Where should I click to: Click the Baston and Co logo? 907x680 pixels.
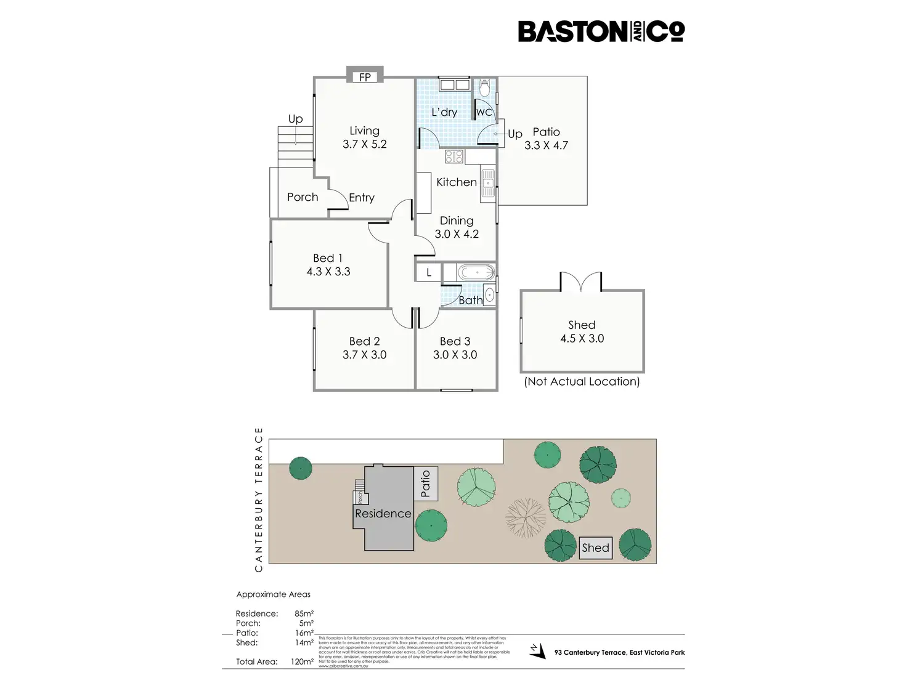point(601,31)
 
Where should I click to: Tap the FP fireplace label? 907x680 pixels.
point(365,77)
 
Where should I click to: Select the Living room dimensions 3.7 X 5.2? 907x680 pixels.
point(365,145)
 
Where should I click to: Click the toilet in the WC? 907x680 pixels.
point(484,89)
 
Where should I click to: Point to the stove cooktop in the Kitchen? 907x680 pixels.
point(454,156)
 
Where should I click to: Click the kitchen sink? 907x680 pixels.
point(488,183)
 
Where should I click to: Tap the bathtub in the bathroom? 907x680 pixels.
point(476,272)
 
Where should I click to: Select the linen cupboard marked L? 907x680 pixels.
point(429,272)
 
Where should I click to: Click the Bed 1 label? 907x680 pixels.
point(328,258)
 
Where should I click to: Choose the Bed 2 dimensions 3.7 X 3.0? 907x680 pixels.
point(365,355)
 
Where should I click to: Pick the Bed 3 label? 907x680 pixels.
point(455,341)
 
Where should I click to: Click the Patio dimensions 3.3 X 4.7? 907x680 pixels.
point(546,146)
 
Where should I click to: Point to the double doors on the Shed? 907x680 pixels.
point(580,282)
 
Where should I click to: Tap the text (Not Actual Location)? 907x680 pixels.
point(582,382)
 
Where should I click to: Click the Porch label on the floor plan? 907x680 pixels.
point(303,197)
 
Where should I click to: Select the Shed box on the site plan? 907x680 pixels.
point(595,548)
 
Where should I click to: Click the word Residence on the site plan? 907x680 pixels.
point(383,514)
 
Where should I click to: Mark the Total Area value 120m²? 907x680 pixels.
point(302,662)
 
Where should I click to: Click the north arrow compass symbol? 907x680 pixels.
point(538,650)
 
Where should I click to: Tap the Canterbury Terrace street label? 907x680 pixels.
point(259,500)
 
